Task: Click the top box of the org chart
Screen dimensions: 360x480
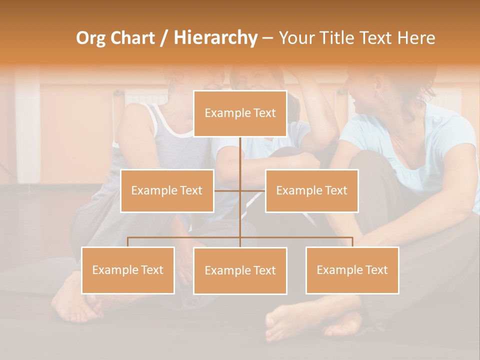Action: [x=240, y=113]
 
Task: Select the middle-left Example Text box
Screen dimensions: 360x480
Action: [x=167, y=190]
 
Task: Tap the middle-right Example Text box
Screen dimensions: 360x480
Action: [x=311, y=190]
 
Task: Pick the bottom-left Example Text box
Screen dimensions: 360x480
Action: [x=128, y=270]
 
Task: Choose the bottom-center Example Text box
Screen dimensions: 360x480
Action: [x=240, y=270]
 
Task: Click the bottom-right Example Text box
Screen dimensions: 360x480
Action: [x=352, y=270]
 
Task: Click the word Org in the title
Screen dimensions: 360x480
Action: [x=90, y=38]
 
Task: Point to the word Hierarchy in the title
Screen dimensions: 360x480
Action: [x=215, y=38]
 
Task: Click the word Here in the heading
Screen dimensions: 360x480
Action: [x=415, y=38]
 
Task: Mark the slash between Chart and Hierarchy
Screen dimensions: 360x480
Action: [x=163, y=38]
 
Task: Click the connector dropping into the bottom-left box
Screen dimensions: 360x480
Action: [x=128, y=242]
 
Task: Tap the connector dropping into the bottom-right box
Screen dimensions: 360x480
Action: [x=352, y=242]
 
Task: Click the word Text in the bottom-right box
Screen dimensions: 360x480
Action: [x=375, y=270]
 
